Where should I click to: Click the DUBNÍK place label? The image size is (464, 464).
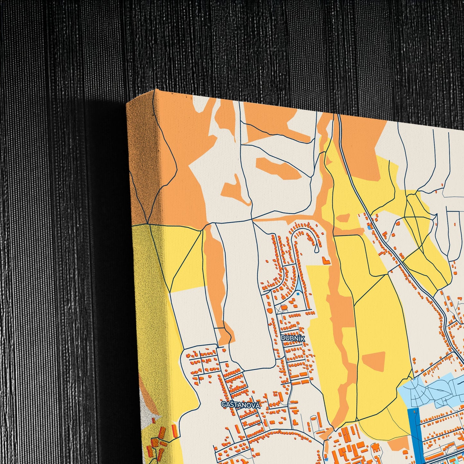[293, 338]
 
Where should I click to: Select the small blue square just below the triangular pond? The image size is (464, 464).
[298, 293]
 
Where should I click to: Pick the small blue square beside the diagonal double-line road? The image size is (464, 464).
[369, 227]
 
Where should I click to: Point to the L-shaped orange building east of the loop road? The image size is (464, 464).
[326, 260]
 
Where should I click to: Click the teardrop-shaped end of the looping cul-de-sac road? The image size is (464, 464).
[316, 248]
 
